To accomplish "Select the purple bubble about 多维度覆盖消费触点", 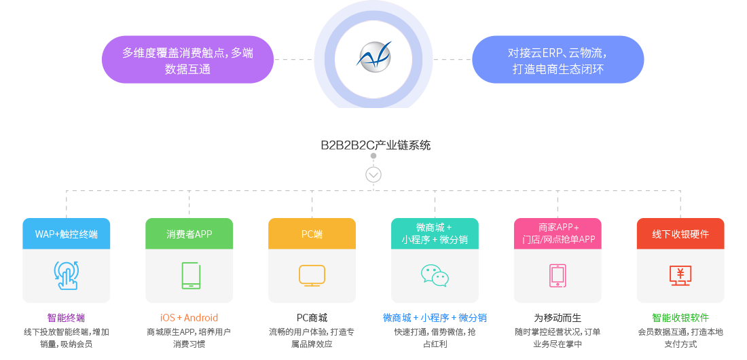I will click(x=187, y=60).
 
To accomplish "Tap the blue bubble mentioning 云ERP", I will click(x=558, y=60).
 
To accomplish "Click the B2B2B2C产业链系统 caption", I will click(x=375, y=145).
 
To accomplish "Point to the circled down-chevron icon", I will click(x=373, y=175).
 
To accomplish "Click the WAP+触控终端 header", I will click(x=67, y=234).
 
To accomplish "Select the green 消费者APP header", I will click(x=189, y=234).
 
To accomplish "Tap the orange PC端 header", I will click(x=312, y=234).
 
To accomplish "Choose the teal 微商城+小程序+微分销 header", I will click(x=435, y=233).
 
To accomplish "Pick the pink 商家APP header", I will click(x=558, y=233).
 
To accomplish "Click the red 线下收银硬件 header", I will click(x=680, y=234).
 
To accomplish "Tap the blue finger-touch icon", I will click(x=67, y=275).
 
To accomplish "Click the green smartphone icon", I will click(x=190, y=275).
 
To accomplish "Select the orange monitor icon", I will click(x=312, y=274).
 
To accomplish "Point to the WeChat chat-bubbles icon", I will click(x=435, y=275).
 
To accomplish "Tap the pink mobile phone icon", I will click(x=558, y=275).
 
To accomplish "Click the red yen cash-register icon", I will click(x=680, y=274).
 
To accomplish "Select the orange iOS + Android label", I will click(x=189, y=318).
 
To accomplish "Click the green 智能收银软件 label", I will click(x=680, y=318).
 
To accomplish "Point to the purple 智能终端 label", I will click(x=67, y=318).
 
